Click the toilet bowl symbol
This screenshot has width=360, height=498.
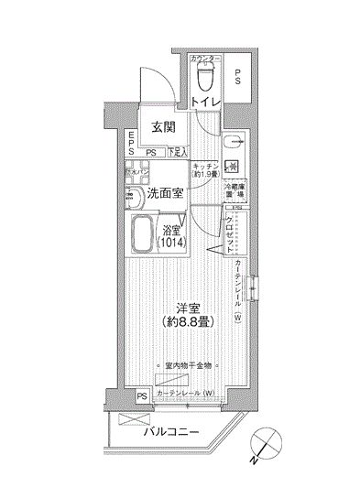point(204,81)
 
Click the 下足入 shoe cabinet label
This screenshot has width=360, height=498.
point(178,154)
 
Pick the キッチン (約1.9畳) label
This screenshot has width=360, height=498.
point(205,171)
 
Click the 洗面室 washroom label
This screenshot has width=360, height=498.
point(155,195)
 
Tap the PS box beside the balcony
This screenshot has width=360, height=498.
point(142,396)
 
